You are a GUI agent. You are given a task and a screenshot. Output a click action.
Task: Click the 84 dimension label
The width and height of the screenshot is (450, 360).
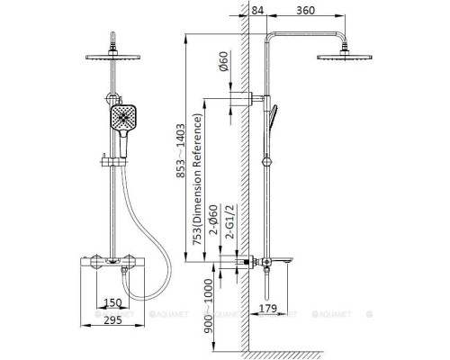click(x=257, y=11)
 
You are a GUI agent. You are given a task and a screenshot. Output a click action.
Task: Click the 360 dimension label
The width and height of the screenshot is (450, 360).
click(x=305, y=11)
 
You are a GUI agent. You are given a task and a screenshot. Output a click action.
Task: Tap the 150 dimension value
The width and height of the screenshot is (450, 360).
click(x=112, y=302)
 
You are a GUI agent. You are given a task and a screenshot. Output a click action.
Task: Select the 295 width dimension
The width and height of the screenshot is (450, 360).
click(x=112, y=320)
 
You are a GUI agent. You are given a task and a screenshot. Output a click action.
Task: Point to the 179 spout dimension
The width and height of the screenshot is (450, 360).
click(x=267, y=308)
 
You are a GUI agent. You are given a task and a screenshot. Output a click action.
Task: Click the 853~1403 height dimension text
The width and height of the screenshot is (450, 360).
click(x=181, y=151)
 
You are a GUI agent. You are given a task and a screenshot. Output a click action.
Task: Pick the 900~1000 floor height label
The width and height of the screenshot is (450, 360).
click(x=208, y=306)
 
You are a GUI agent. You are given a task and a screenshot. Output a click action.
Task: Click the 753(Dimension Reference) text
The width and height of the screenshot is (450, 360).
click(x=197, y=179)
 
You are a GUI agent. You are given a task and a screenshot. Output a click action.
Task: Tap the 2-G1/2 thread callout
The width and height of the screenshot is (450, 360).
click(x=231, y=222)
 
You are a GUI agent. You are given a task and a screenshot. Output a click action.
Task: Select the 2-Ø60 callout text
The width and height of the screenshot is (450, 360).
click(x=213, y=220)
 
